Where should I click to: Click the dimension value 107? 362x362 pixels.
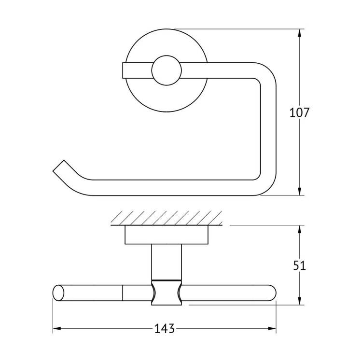pos(299,113)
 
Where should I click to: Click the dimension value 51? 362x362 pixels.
pos(299,266)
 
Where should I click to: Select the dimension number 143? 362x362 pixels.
pos(165,329)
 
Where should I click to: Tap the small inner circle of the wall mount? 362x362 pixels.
pos(167,70)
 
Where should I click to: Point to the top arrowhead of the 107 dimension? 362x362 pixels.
pos(299,33)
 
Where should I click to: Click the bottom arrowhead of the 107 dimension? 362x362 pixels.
pos(299,192)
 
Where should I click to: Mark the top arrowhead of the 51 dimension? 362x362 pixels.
pos(299,229)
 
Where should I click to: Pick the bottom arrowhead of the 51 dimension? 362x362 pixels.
pos(299,301)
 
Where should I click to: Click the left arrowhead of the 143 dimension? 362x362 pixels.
pos(57,328)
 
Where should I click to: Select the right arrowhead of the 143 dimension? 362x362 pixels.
pos(272,328)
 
